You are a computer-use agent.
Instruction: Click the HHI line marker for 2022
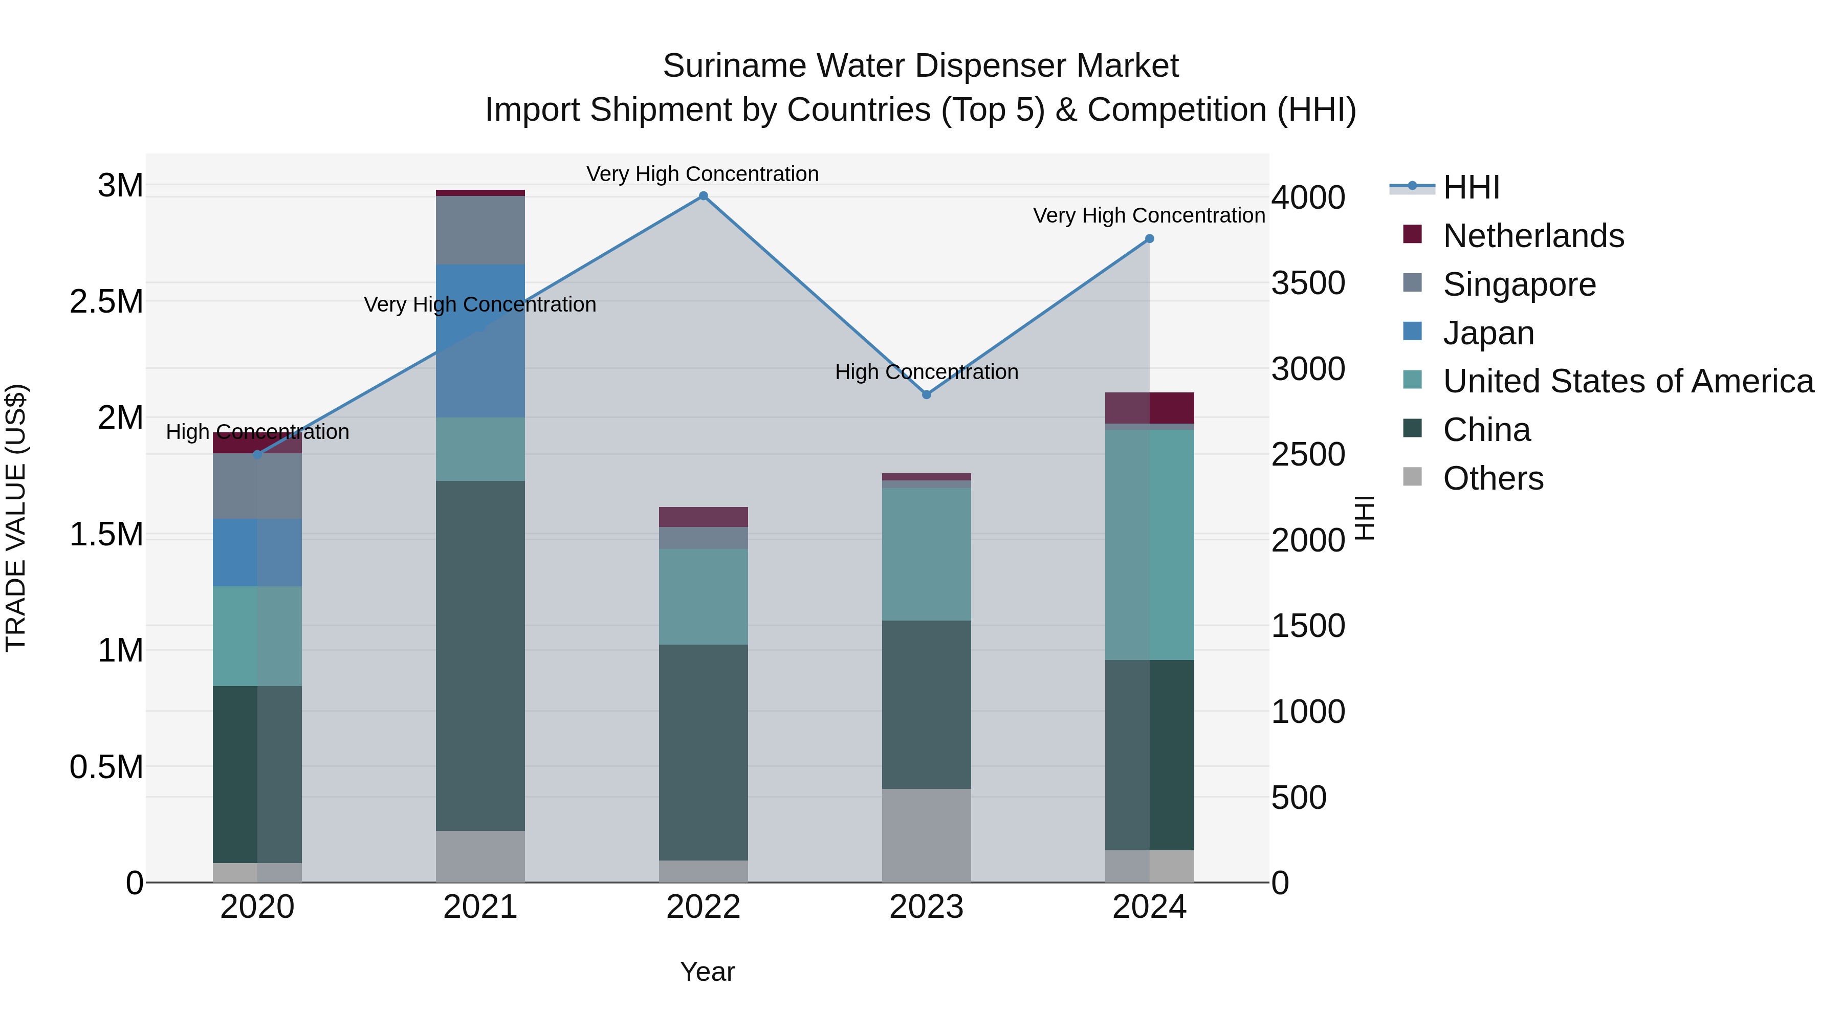click(x=703, y=196)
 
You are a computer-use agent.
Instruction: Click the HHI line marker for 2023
click(x=926, y=394)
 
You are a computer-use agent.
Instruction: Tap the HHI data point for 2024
click(x=1149, y=239)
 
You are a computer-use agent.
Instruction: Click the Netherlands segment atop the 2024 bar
click(x=1149, y=408)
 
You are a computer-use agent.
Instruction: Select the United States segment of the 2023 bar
click(x=926, y=554)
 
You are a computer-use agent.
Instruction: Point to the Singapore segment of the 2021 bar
click(x=480, y=230)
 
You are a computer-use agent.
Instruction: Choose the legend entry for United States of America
click(x=1628, y=381)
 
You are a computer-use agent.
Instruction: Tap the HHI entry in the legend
click(x=1471, y=187)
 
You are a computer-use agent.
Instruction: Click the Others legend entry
click(x=1493, y=478)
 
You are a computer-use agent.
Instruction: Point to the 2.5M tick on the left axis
click(x=106, y=302)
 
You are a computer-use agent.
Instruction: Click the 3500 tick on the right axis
click(x=1308, y=283)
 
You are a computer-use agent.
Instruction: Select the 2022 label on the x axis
click(x=703, y=907)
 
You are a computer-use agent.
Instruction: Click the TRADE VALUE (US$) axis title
click(x=16, y=518)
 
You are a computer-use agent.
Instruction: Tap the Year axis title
click(x=707, y=972)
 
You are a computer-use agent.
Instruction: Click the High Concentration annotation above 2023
click(x=926, y=372)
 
